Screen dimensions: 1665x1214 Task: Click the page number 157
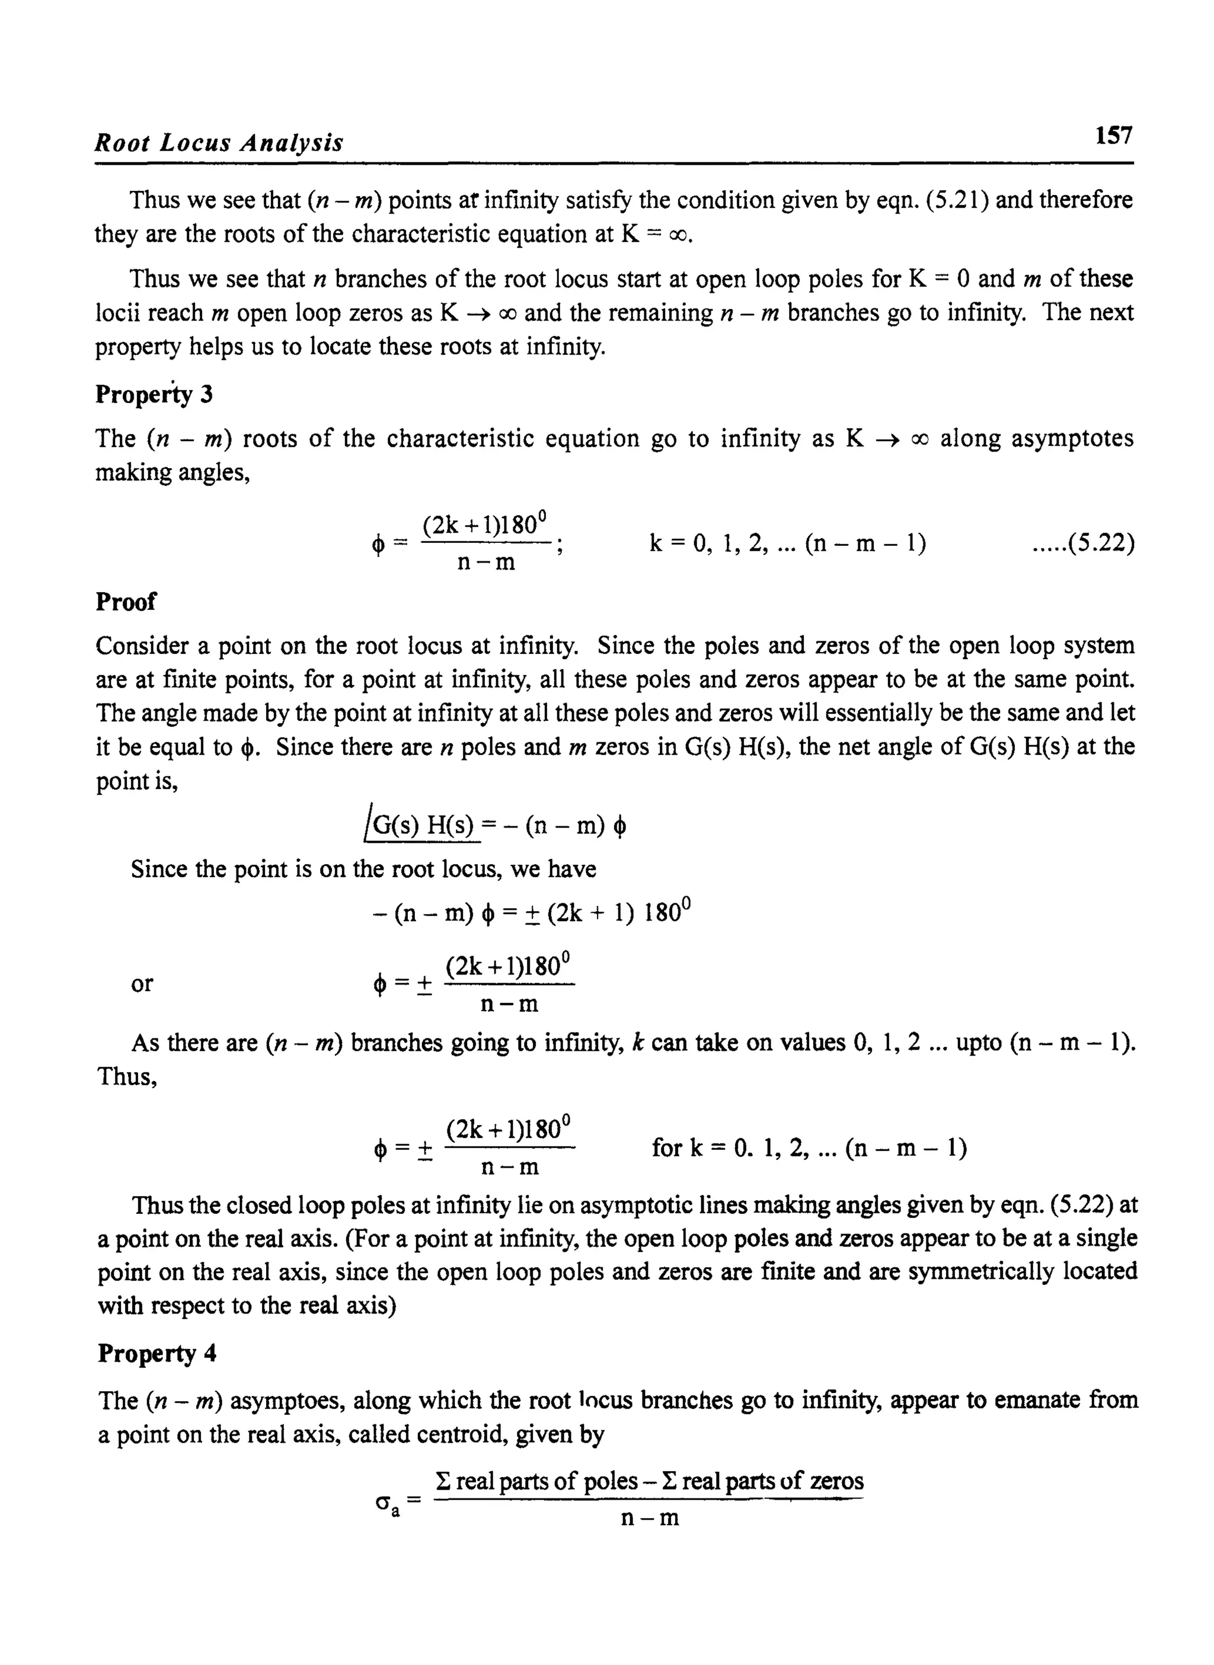(x=1113, y=136)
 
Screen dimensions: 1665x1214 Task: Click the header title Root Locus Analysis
(x=219, y=142)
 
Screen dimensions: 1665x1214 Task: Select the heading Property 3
(x=154, y=395)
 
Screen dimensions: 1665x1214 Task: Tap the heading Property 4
(x=156, y=1353)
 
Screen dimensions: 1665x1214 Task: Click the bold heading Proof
(x=126, y=602)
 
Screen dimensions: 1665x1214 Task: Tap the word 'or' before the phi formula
(x=142, y=983)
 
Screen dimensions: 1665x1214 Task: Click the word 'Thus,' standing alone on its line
(x=127, y=1076)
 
